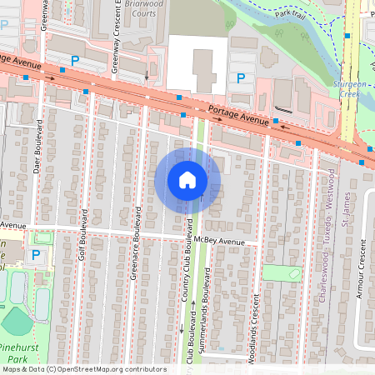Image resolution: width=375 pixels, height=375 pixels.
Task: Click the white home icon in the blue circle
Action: click(x=187, y=179)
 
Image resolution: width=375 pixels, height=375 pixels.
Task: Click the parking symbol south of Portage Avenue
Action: click(x=35, y=254)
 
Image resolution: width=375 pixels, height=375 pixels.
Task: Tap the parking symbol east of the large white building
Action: click(x=241, y=78)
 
